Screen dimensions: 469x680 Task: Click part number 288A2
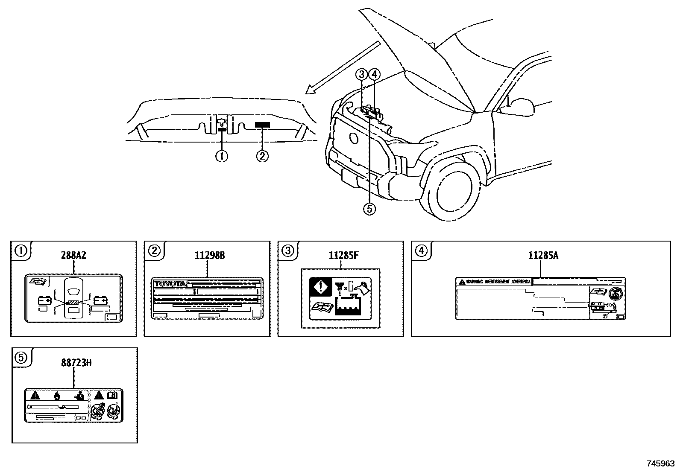tap(73, 256)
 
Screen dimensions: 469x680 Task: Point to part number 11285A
tap(540, 256)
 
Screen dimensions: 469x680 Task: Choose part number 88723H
tap(73, 363)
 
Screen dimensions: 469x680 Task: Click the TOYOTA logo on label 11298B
tap(170, 284)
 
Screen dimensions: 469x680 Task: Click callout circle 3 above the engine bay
tap(362, 74)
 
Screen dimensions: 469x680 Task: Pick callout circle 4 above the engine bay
tap(374, 74)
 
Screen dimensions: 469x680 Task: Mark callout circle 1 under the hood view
tap(221, 156)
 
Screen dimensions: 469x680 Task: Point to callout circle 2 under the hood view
tap(262, 156)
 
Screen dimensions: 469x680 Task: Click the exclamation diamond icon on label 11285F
tap(320, 287)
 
